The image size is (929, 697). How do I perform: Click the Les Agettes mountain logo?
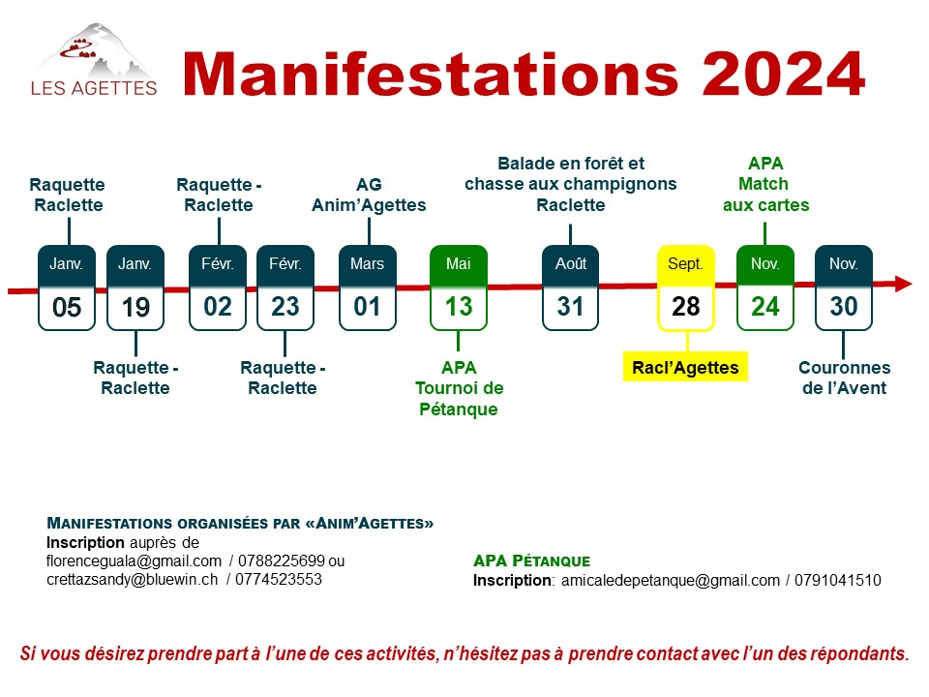coord(94,59)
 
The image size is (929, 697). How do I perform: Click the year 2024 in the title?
coord(784,74)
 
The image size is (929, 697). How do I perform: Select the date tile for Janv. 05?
coord(67,288)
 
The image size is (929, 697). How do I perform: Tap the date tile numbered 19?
coord(135,288)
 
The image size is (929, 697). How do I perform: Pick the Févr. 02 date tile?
coord(218,288)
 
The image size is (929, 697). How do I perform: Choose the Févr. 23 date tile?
coord(285,288)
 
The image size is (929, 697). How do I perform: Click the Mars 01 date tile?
coord(368,288)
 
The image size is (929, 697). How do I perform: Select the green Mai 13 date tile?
coord(458,288)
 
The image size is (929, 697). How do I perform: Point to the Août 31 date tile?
coord(570,288)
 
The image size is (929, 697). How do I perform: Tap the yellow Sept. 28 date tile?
coord(685,288)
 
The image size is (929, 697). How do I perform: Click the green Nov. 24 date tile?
coord(764,288)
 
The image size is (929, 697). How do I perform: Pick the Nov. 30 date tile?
coord(844,288)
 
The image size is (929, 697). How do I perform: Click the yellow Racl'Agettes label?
coord(685,367)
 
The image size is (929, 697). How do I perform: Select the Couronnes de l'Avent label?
coord(844,378)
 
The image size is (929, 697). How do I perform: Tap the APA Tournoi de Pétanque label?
coord(459,388)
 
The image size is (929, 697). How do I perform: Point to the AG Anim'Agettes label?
coord(369,195)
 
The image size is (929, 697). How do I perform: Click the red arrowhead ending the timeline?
coord(902,284)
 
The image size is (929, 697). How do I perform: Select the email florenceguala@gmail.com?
coord(134,561)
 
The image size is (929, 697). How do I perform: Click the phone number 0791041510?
coord(838,580)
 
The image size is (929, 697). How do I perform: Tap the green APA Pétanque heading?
coord(531,561)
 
